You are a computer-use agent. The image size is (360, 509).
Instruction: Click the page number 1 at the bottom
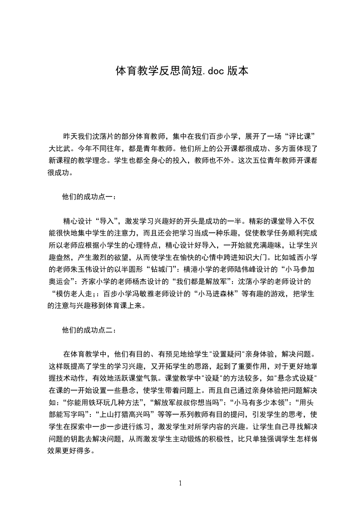coord(180,483)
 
